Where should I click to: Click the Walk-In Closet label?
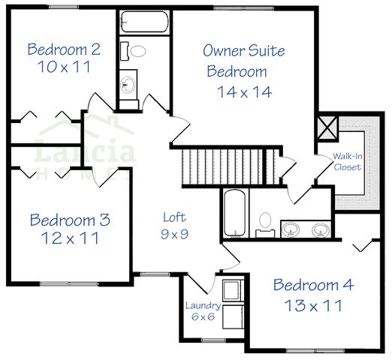(348, 161)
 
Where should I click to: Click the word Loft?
(174, 217)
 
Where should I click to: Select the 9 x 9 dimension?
(174, 233)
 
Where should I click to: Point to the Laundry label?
(203, 305)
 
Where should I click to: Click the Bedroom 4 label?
(312, 285)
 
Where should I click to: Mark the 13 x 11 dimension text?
(312, 305)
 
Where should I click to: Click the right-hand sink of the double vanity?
(321, 229)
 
